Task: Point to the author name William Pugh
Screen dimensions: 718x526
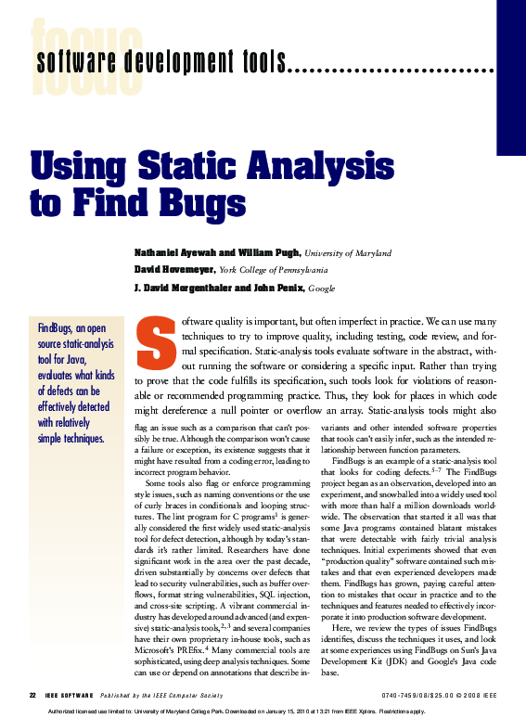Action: pyautogui.click(x=265, y=253)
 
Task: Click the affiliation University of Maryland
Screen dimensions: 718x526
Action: pyautogui.click(x=348, y=253)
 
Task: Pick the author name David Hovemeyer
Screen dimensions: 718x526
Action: pyautogui.click(x=176, y=270)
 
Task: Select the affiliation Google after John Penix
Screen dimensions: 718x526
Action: pyautogui.click(x=322, y=288)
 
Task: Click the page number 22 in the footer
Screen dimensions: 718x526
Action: pyautogui.click(x=32, y=694)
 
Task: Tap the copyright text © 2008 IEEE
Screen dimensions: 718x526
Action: pyautogui.click(x=470, y=694)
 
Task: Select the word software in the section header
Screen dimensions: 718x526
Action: pyautogui.click(x=67, y=64)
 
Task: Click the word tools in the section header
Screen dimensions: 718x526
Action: pyautogui.click(x=264, y=64)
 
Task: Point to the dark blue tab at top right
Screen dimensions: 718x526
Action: pyautogui.click(x=511, y=74)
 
